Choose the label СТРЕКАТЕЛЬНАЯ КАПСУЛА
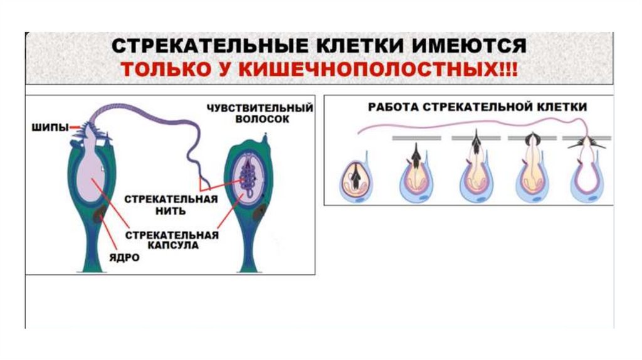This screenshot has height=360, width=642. point(171,240)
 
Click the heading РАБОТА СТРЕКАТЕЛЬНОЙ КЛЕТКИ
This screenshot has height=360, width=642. point(476,107)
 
